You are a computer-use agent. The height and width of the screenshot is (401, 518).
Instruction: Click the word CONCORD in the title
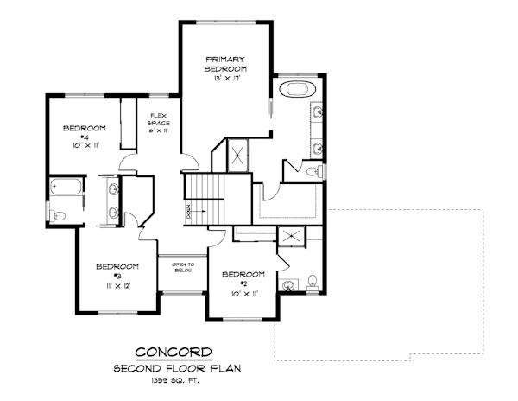click(174, 352)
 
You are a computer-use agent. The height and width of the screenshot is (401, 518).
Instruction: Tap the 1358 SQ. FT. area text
click(174, 382)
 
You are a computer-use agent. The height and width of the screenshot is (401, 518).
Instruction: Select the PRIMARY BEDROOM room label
click(226, 63)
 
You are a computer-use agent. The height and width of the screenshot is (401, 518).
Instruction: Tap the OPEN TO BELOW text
click(182, 266)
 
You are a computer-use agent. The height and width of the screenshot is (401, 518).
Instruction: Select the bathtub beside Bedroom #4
click(65, 186)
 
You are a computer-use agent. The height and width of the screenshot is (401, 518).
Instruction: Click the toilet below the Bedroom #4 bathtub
click(56, 215)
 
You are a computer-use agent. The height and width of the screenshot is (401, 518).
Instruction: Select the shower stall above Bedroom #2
click(292, 237)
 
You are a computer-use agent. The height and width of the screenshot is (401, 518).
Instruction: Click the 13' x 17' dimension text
click(226, 78)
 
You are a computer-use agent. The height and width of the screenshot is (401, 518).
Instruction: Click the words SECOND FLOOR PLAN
click(174, 368)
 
